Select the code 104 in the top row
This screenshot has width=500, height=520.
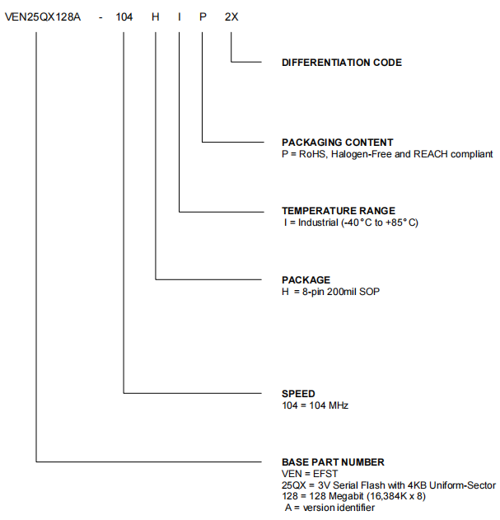(124, 14)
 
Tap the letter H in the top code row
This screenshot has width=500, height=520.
(155, 14)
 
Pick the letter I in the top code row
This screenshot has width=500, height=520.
(179, 14)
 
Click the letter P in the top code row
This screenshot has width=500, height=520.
(202, 14)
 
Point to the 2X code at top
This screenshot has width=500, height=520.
(231, 14)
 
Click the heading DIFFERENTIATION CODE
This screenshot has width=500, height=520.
(342, 63)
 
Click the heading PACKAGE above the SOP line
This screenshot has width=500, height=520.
(306, 280)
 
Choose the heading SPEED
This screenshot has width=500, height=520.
(298, 394)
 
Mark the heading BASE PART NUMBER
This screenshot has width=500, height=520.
(333, 462)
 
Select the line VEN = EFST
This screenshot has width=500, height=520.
(306, 475)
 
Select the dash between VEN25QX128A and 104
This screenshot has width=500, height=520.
(100, 14)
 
